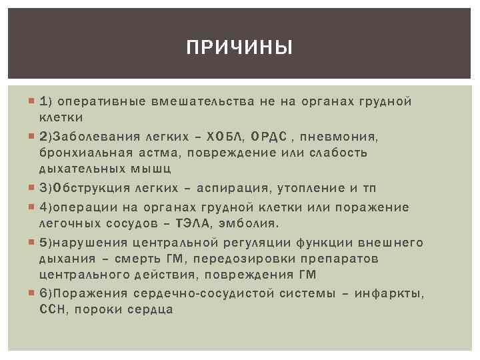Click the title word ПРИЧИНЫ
tap(239, 48)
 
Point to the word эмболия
tap(254, 222)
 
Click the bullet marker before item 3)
tap(33, 188)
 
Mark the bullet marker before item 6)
tap(33, 293)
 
